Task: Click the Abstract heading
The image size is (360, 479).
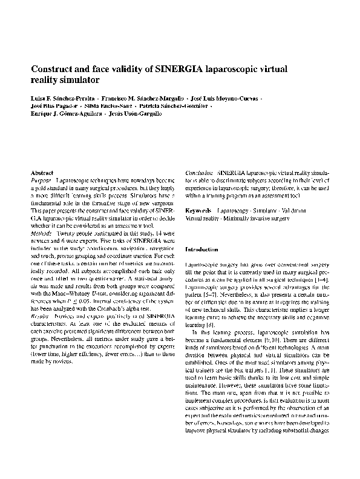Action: point(42,173)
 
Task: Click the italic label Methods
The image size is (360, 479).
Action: point(42,233)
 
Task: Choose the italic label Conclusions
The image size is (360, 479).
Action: point(199,173)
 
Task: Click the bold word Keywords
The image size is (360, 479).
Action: point(198,210)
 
